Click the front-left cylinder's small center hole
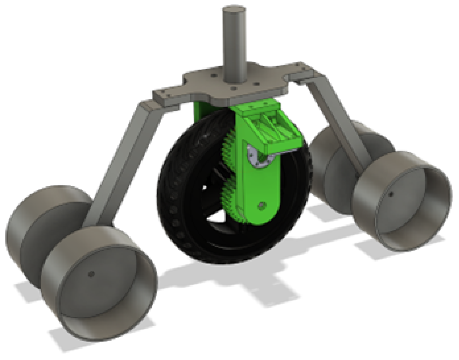point(91,274)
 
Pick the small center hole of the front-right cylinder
point(391,194)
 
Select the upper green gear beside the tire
point(229,148)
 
